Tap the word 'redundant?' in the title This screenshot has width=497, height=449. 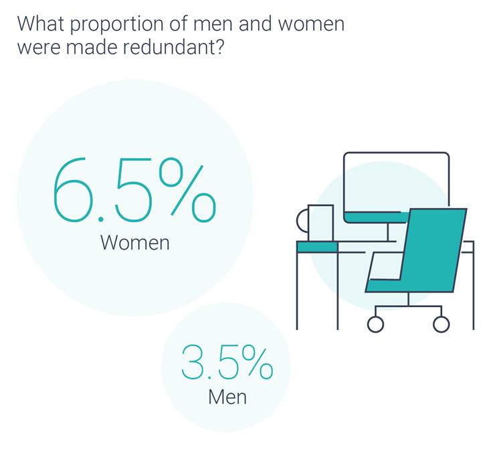pos(173,48)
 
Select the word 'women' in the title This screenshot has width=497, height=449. pos(312,24)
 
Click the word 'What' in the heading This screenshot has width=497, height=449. pos(41,23)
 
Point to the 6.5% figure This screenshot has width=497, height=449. pos(134,189)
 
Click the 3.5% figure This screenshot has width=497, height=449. pos(227,363)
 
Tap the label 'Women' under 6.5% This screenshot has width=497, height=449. pos(135,243)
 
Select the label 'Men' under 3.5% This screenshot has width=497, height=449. pos(227,396)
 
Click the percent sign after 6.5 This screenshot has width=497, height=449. pos(188,189)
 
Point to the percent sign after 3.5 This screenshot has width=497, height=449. pos(257,363)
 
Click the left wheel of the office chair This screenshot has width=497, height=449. pos(376,324)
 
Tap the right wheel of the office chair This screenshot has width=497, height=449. pos(441,324)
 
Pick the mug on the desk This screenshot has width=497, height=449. pos(315,223)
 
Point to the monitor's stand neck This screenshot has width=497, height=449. pos(388,232)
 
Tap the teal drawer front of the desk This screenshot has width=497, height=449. pos(317,247)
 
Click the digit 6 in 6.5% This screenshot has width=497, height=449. pos(71,189)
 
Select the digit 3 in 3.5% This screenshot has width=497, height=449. pos(191,363)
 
